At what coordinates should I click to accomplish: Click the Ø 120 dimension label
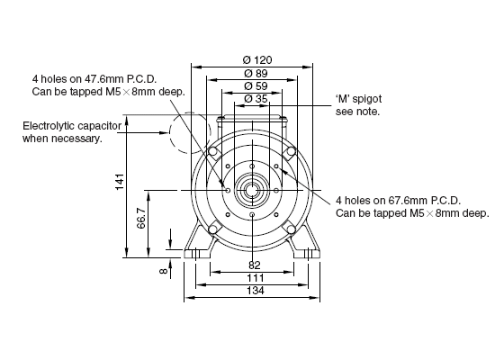(257, 59)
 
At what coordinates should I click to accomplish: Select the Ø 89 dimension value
(256, 73)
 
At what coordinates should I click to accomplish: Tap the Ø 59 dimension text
(256, 86)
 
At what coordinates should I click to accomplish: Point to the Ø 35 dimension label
(256, 99)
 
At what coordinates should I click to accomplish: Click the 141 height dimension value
(120, 182)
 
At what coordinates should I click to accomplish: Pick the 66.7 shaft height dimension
(141, 218)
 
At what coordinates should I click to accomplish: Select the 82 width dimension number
(254, 265)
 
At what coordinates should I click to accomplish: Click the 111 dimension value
(256, 278)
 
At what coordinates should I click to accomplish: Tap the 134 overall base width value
(256, 291)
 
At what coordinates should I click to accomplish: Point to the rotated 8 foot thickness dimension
(164, 271)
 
